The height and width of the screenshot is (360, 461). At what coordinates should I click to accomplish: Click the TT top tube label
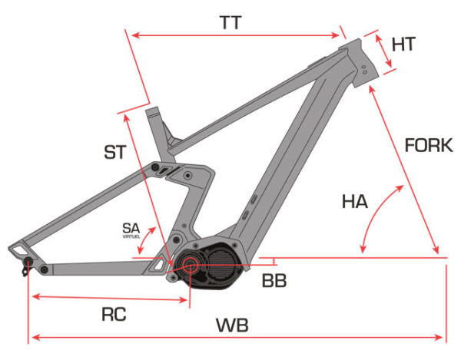coord(230,23)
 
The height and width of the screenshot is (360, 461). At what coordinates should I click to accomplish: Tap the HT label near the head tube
coord(403,45)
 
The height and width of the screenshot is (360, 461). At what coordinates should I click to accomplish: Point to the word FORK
coord(429,145)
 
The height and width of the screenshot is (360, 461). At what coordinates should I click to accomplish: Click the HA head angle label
coord(355,203)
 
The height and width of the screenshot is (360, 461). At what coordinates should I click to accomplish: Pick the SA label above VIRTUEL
coord(132,228)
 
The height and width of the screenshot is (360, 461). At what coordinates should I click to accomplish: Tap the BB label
coord(274,281)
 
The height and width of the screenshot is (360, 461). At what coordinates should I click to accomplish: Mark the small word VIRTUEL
coord(132,237)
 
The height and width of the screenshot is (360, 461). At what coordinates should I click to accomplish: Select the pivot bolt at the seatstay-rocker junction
coord(157,167)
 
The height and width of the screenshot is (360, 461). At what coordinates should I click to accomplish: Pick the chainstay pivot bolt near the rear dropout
coord(44,269)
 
